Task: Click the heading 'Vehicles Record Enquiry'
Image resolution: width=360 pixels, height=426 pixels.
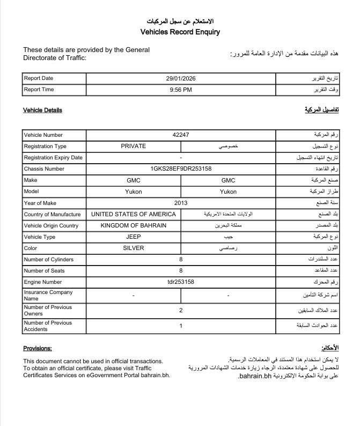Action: (180, 32)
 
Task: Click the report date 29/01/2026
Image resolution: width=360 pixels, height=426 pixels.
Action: (181, 78)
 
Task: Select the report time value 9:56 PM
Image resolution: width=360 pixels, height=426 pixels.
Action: (181, 90)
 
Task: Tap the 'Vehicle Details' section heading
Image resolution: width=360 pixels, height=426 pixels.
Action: (42, 110)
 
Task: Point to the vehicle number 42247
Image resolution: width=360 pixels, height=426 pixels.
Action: (181, 135)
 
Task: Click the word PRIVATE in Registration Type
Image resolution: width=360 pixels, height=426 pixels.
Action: (133, 146)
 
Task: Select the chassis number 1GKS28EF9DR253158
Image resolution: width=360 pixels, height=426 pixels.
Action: (181, 168)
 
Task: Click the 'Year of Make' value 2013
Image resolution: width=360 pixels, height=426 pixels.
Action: (181, 203)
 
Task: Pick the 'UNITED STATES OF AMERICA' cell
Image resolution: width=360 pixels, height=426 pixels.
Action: (133, 214)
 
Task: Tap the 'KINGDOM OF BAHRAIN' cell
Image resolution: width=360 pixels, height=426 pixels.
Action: (133, 225)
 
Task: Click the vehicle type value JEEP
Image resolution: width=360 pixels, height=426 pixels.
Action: (133, 237)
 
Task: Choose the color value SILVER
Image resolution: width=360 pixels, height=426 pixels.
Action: (133, 248)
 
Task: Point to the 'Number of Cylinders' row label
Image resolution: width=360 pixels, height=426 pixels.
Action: (49, 260)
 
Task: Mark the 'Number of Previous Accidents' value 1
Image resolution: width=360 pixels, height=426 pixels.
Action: (181, 326)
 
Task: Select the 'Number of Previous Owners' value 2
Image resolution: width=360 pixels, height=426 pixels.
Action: (181, 310)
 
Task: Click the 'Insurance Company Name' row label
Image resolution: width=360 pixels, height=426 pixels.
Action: (48, 295)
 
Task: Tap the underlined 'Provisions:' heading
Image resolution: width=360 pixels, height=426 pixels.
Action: (37, 348)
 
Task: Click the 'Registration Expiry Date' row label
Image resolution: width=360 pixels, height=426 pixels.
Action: (53, 158)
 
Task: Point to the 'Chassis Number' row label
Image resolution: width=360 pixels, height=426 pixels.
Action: (44, 169)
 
